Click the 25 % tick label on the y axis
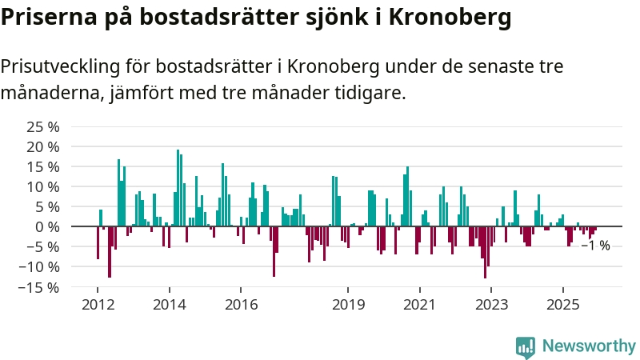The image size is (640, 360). pos(43,127)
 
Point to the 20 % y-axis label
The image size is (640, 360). pos(43,147)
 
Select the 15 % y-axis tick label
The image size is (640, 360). pos(43,167)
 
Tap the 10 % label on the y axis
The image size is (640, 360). pos(43,187)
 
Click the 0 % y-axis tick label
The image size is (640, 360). pos(47,227)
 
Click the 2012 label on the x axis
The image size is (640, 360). pos(98,305)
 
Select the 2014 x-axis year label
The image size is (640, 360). pos(169,305)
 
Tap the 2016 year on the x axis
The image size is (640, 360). pos(241,305)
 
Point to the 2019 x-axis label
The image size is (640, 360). pos(348,305)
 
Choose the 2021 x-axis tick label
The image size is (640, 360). pos(419,305)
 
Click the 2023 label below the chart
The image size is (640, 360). pos(491,305)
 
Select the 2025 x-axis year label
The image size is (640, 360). pos(562,305)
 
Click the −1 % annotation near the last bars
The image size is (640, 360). pos(595,246)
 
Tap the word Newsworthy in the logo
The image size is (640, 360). pos(589,346)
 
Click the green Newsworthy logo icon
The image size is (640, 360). pos(526,346)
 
